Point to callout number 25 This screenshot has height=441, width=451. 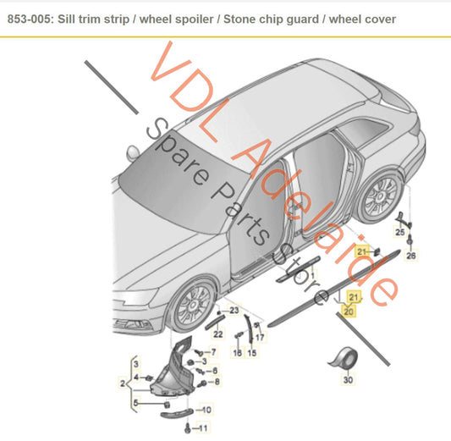(400, 231)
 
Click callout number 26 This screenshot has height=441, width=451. (412, 255)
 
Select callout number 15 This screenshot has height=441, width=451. (252, 352)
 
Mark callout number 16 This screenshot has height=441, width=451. (237, 352)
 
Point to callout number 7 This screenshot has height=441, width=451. (213, 351)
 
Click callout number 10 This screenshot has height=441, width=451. (207, 411)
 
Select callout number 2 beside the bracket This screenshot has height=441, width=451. (124, 383)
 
